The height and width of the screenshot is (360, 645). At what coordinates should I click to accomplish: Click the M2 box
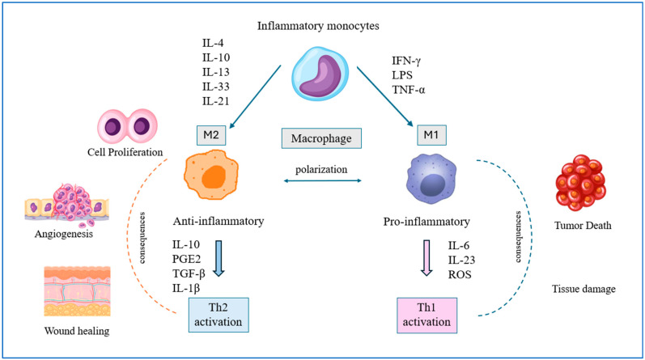[x=211, y=135]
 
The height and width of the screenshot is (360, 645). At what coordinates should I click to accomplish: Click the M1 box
[x=431, y=135]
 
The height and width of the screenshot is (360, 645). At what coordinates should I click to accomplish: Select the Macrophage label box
[x=321, y=138]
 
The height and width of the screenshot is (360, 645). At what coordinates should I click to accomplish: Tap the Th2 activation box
[x=219, y=315]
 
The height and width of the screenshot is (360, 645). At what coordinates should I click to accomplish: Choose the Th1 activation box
[x=427, y=316]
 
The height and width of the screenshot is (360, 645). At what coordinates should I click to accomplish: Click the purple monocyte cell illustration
[x=320, y=74]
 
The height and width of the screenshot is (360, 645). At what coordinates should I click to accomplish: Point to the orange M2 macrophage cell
[x=211, y=175]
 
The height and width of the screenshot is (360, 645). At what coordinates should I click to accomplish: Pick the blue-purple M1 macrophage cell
[x=431, y=180]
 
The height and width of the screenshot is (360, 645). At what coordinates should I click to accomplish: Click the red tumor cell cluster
[x=580, y=182]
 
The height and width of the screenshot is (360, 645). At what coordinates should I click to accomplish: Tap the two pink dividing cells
[x=127, y=126]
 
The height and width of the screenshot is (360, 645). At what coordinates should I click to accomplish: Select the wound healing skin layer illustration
[x=78, y=291]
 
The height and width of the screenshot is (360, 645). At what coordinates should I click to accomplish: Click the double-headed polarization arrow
[x=322, y=180]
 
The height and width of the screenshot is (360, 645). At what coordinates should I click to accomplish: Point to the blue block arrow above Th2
[x=219, y=258]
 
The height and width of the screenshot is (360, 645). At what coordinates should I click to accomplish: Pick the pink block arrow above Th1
[x=426, y=258]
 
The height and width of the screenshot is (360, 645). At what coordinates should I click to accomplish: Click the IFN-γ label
[x=406, y=61]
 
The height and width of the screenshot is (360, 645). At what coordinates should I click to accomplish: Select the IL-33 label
[x=215, y=87]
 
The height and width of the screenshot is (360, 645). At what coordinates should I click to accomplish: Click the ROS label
[x=460, y=274]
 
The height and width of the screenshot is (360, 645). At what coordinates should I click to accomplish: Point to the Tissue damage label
[x=583, y=289]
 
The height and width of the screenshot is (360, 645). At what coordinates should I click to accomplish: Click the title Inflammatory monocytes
[x=318, y=26]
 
